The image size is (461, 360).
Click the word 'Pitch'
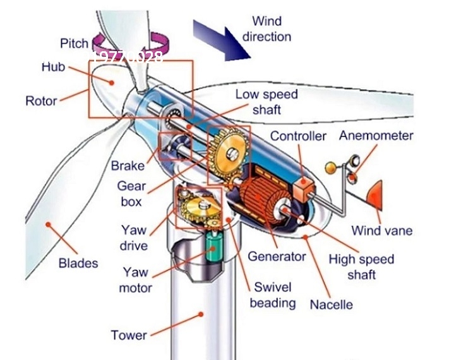click(75, 43)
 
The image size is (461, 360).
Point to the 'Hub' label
click(53, 67)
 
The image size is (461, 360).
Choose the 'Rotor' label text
click(41, 100)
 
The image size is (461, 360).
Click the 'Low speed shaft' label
click(266, 102)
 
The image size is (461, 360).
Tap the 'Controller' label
click(299, 136)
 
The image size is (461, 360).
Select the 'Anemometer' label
click(376, 135)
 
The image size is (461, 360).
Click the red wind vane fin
click(375, 196)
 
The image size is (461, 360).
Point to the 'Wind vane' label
click(381, 230)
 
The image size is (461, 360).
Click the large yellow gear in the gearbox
click(228, 152)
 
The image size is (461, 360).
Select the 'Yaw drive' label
click(134, 238)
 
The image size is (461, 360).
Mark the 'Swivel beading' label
click(272, 294)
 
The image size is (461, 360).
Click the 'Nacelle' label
click(331, 304)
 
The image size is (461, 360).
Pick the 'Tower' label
click(129, 335)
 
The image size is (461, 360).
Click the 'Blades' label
click(78, 262)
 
